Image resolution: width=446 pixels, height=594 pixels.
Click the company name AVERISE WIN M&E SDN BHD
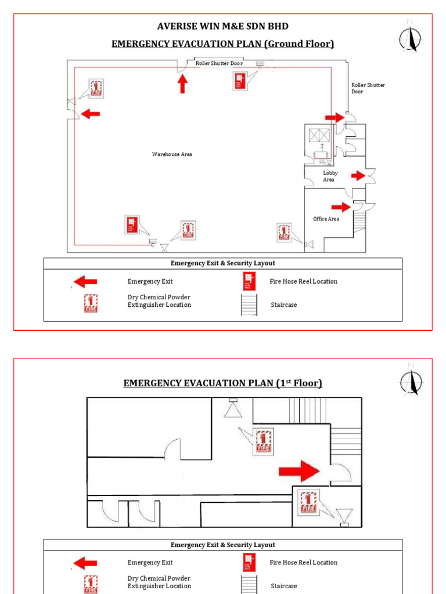pos(223,27)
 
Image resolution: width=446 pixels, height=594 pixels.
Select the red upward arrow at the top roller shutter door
pos(182,84)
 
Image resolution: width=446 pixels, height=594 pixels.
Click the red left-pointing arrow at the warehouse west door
pos(90,114)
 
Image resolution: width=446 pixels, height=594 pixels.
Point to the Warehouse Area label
pos(172,154)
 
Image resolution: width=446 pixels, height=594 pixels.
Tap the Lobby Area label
pos(330,176)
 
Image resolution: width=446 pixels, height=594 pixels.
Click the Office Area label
pos(326,219)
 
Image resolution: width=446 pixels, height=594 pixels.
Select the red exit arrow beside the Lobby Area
pos(357,175)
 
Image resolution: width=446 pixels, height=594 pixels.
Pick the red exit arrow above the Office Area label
pos(341,207)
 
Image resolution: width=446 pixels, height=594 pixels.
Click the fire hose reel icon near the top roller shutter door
pos(239,81)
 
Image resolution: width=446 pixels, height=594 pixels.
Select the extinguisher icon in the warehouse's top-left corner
pos(96,89)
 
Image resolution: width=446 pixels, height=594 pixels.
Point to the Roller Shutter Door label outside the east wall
pos(368,88)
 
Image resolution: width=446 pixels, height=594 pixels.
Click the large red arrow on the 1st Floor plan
pos(299,470)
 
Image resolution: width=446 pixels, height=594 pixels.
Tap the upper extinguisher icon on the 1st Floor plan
pos(263,441)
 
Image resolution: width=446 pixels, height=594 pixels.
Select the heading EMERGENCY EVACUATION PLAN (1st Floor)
pos(222,383)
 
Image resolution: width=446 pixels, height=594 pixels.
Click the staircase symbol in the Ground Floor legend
pos(249,305)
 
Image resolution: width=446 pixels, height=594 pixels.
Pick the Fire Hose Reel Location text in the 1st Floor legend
pos(303,562)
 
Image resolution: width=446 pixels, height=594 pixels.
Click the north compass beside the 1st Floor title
pos(411,380)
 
